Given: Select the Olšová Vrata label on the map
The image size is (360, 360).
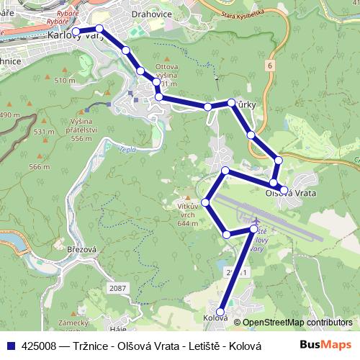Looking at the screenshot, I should tap(291, 192).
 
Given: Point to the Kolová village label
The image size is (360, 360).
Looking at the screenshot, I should tap(215, 318).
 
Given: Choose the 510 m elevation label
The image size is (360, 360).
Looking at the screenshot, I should tap(64, 81).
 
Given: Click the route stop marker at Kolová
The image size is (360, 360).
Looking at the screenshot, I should tap(220, 311).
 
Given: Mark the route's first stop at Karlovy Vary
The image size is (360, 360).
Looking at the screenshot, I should tap(76, 31).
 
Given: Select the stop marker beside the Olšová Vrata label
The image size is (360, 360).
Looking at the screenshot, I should tap(284, 190).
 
